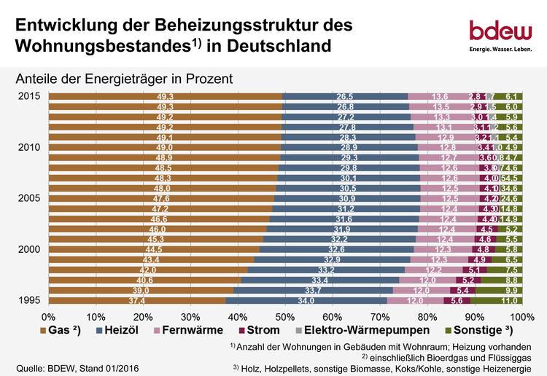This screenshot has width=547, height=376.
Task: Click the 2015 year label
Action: tap(29, 97)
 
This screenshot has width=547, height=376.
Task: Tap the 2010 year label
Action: tap(29, 148)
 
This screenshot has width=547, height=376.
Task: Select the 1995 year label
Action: tap(29, 300)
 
